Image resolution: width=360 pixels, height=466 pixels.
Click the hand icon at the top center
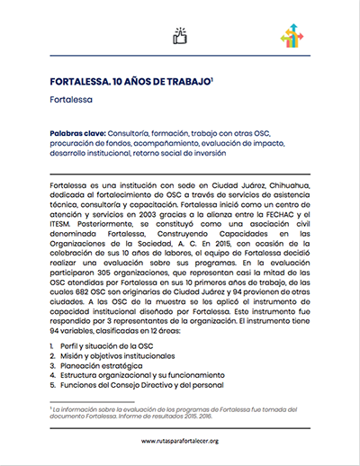click(x=178, y=36)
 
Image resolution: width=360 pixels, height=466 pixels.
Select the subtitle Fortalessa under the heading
click(x=72, y=101)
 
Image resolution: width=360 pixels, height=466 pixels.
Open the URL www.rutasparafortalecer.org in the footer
click(x=180, y=442)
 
